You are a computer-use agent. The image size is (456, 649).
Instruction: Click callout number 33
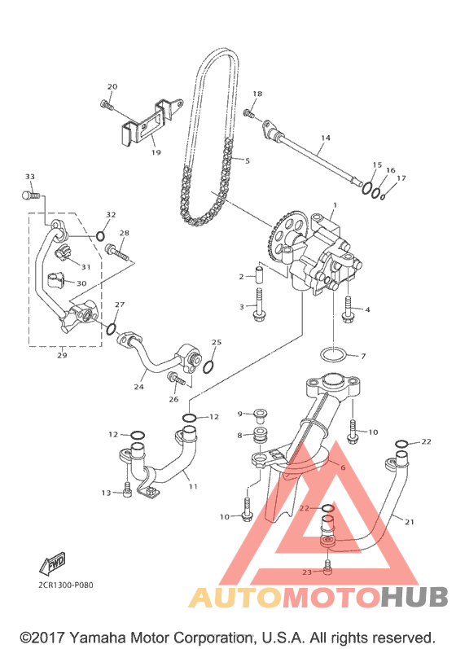point(30,177)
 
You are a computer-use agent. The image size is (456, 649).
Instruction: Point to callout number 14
point(326,138)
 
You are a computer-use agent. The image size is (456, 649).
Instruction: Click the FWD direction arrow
point(53,563)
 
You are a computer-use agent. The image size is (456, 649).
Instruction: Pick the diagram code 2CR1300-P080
point(66,585)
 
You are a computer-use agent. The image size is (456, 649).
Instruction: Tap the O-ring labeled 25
point(208,366)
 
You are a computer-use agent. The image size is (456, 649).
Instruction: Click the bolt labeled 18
point(248,113)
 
